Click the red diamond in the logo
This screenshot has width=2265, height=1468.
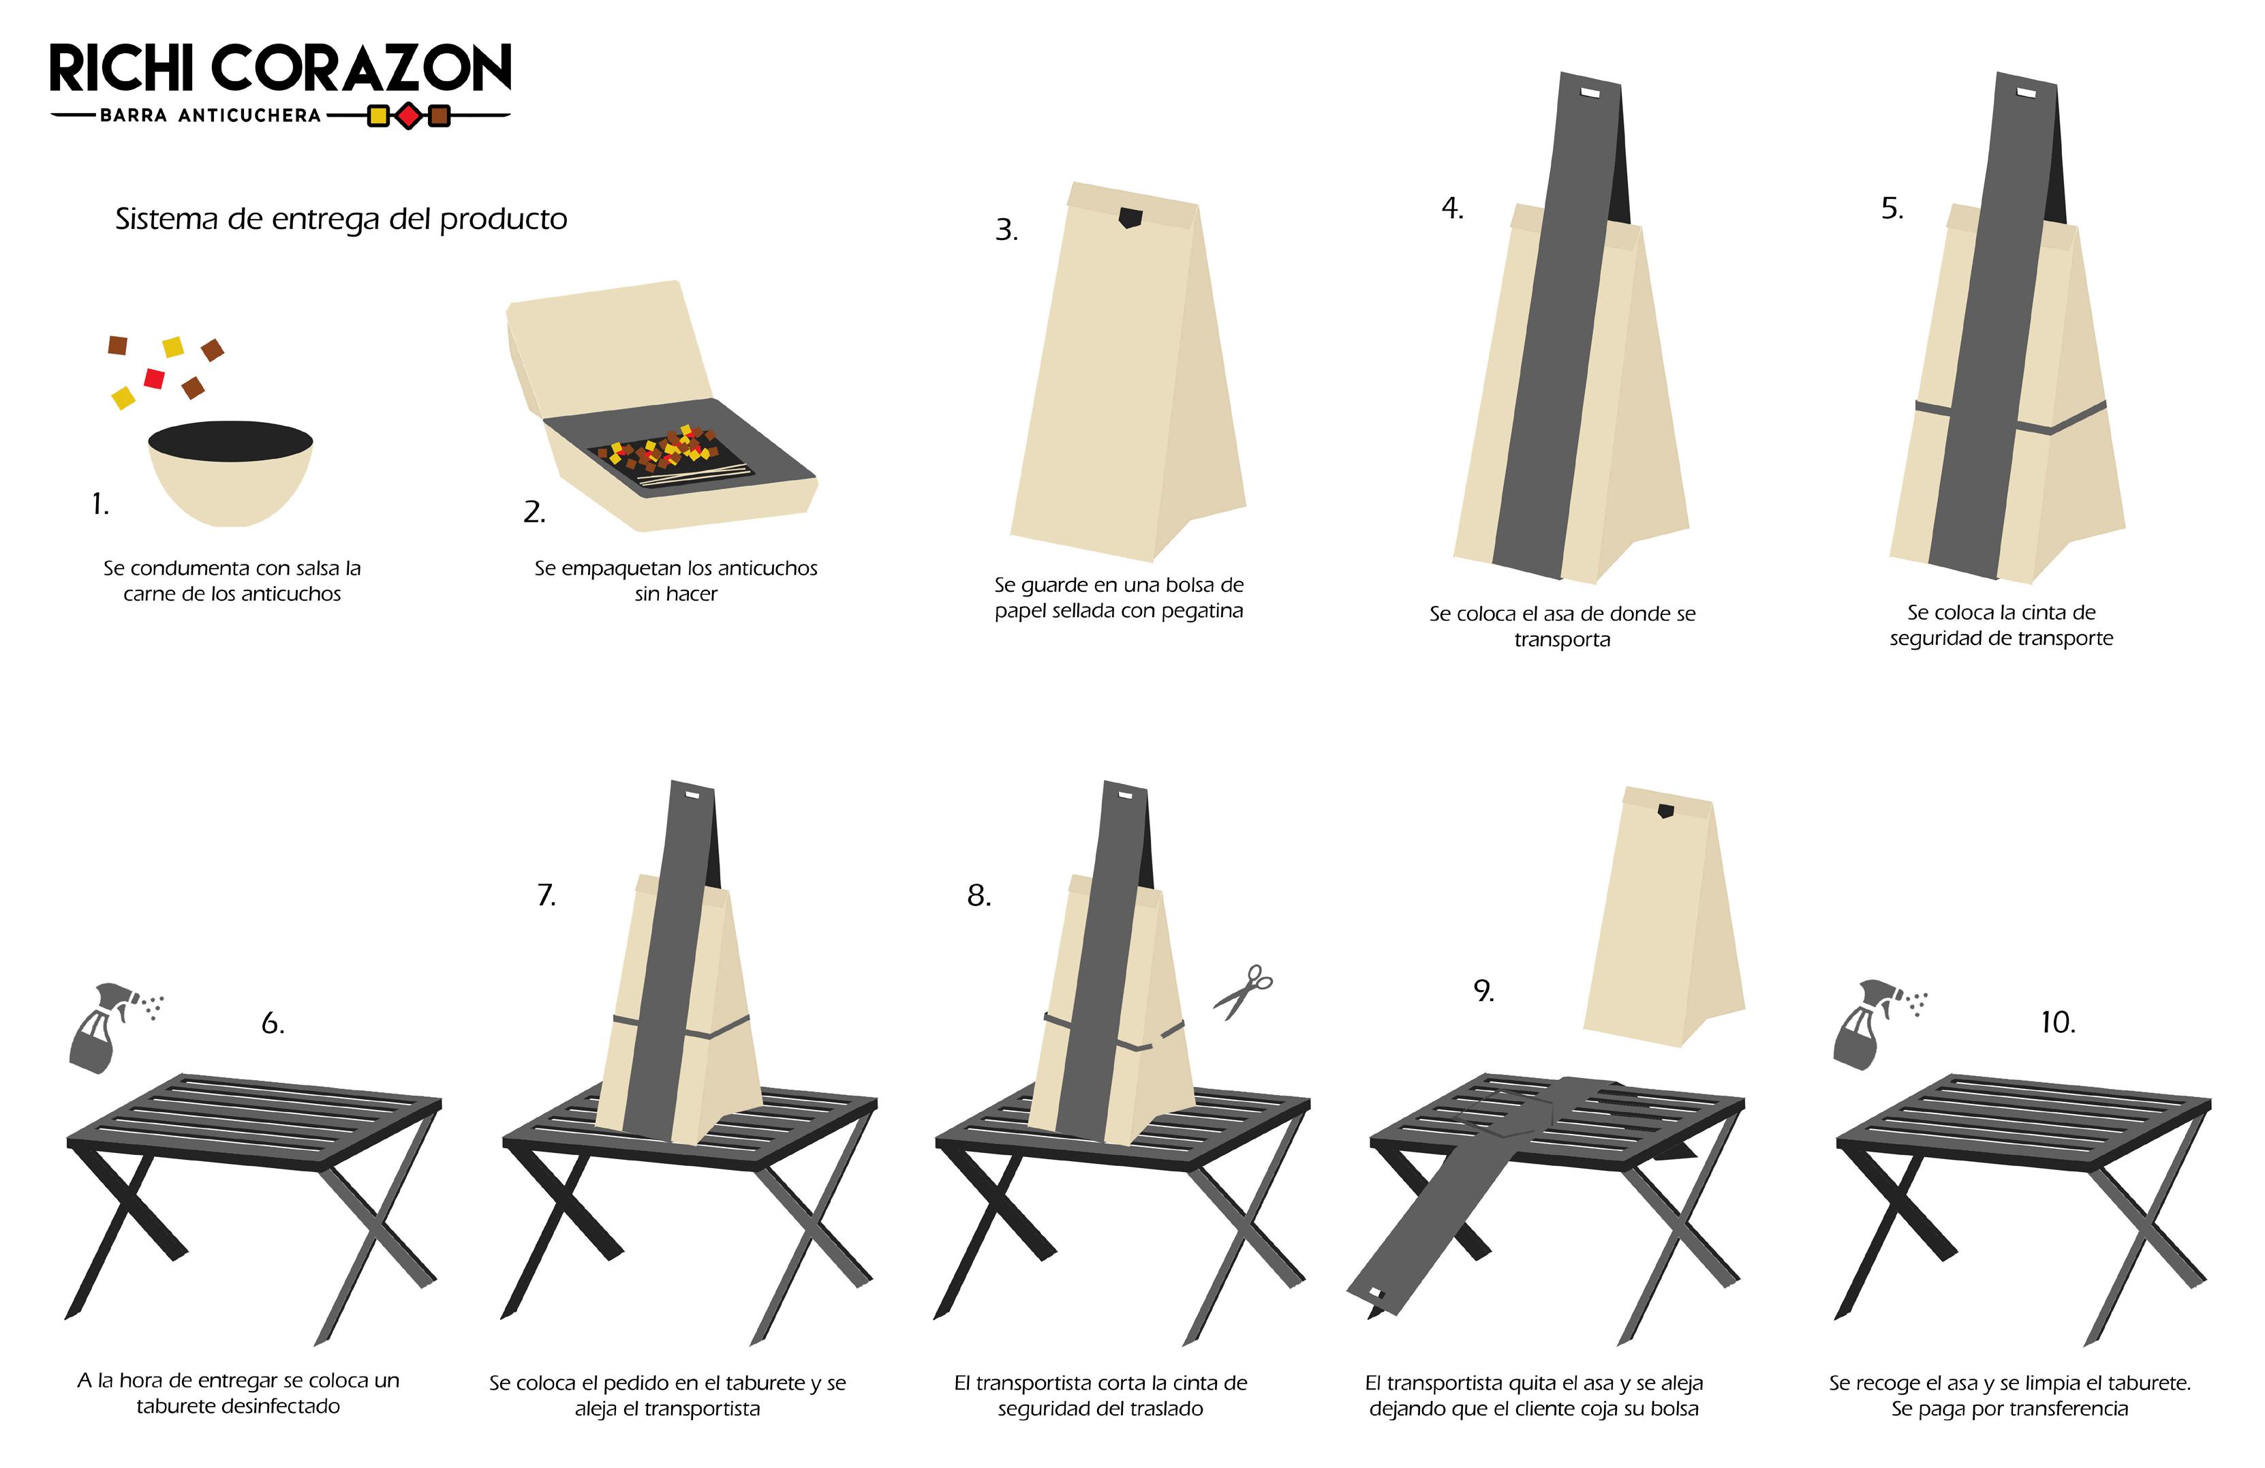point(408,116)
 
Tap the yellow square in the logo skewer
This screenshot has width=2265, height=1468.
point(377,116)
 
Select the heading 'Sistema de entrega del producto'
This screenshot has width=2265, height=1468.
point(341,219)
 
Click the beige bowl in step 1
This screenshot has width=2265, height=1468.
point(231,473)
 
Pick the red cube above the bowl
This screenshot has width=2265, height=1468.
point(154,378)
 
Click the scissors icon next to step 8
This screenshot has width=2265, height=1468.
point(1243,992)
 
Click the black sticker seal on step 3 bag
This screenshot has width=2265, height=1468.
point(1130,218)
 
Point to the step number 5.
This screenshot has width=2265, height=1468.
point(1892,209)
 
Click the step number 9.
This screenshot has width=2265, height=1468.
point(1483,991)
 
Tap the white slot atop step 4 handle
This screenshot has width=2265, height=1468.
point(1591,93)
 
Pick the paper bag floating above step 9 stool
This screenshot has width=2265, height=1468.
point(1665,917)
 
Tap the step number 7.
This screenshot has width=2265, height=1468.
point(546,895)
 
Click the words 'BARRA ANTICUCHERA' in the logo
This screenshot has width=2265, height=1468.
point(211,115)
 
